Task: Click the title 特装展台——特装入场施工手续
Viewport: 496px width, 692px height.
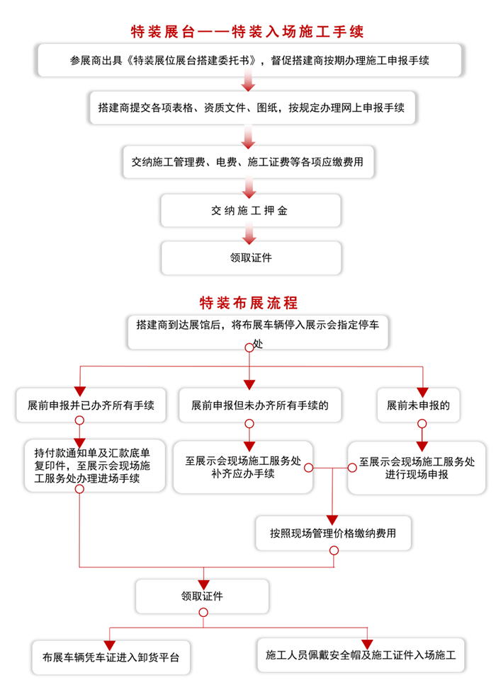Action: coord(247,32)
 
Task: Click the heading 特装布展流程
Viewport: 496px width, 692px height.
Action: coord(249,303)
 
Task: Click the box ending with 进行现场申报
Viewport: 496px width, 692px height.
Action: coord(417,468)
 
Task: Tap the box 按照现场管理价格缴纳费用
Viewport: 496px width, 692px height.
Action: coord(333,532)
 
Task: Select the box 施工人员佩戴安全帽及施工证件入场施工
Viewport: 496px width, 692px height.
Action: coord(360,654)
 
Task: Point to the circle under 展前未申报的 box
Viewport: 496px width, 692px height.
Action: coord(422,424)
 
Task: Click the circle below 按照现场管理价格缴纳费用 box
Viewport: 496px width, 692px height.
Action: coord(334,550)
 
